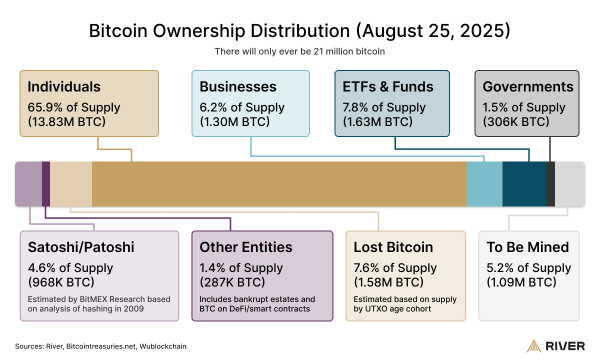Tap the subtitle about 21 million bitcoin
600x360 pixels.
pos(300,50)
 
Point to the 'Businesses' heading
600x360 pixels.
pos(236,86)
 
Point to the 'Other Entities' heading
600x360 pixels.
pos(245,246)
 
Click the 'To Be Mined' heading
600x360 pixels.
pos(528,246)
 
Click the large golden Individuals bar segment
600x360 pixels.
pos(280,184)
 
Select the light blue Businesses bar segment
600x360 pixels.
pos(484,184)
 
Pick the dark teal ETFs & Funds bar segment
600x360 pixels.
pos(524,184)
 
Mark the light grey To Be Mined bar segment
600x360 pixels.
pos(569,184)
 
